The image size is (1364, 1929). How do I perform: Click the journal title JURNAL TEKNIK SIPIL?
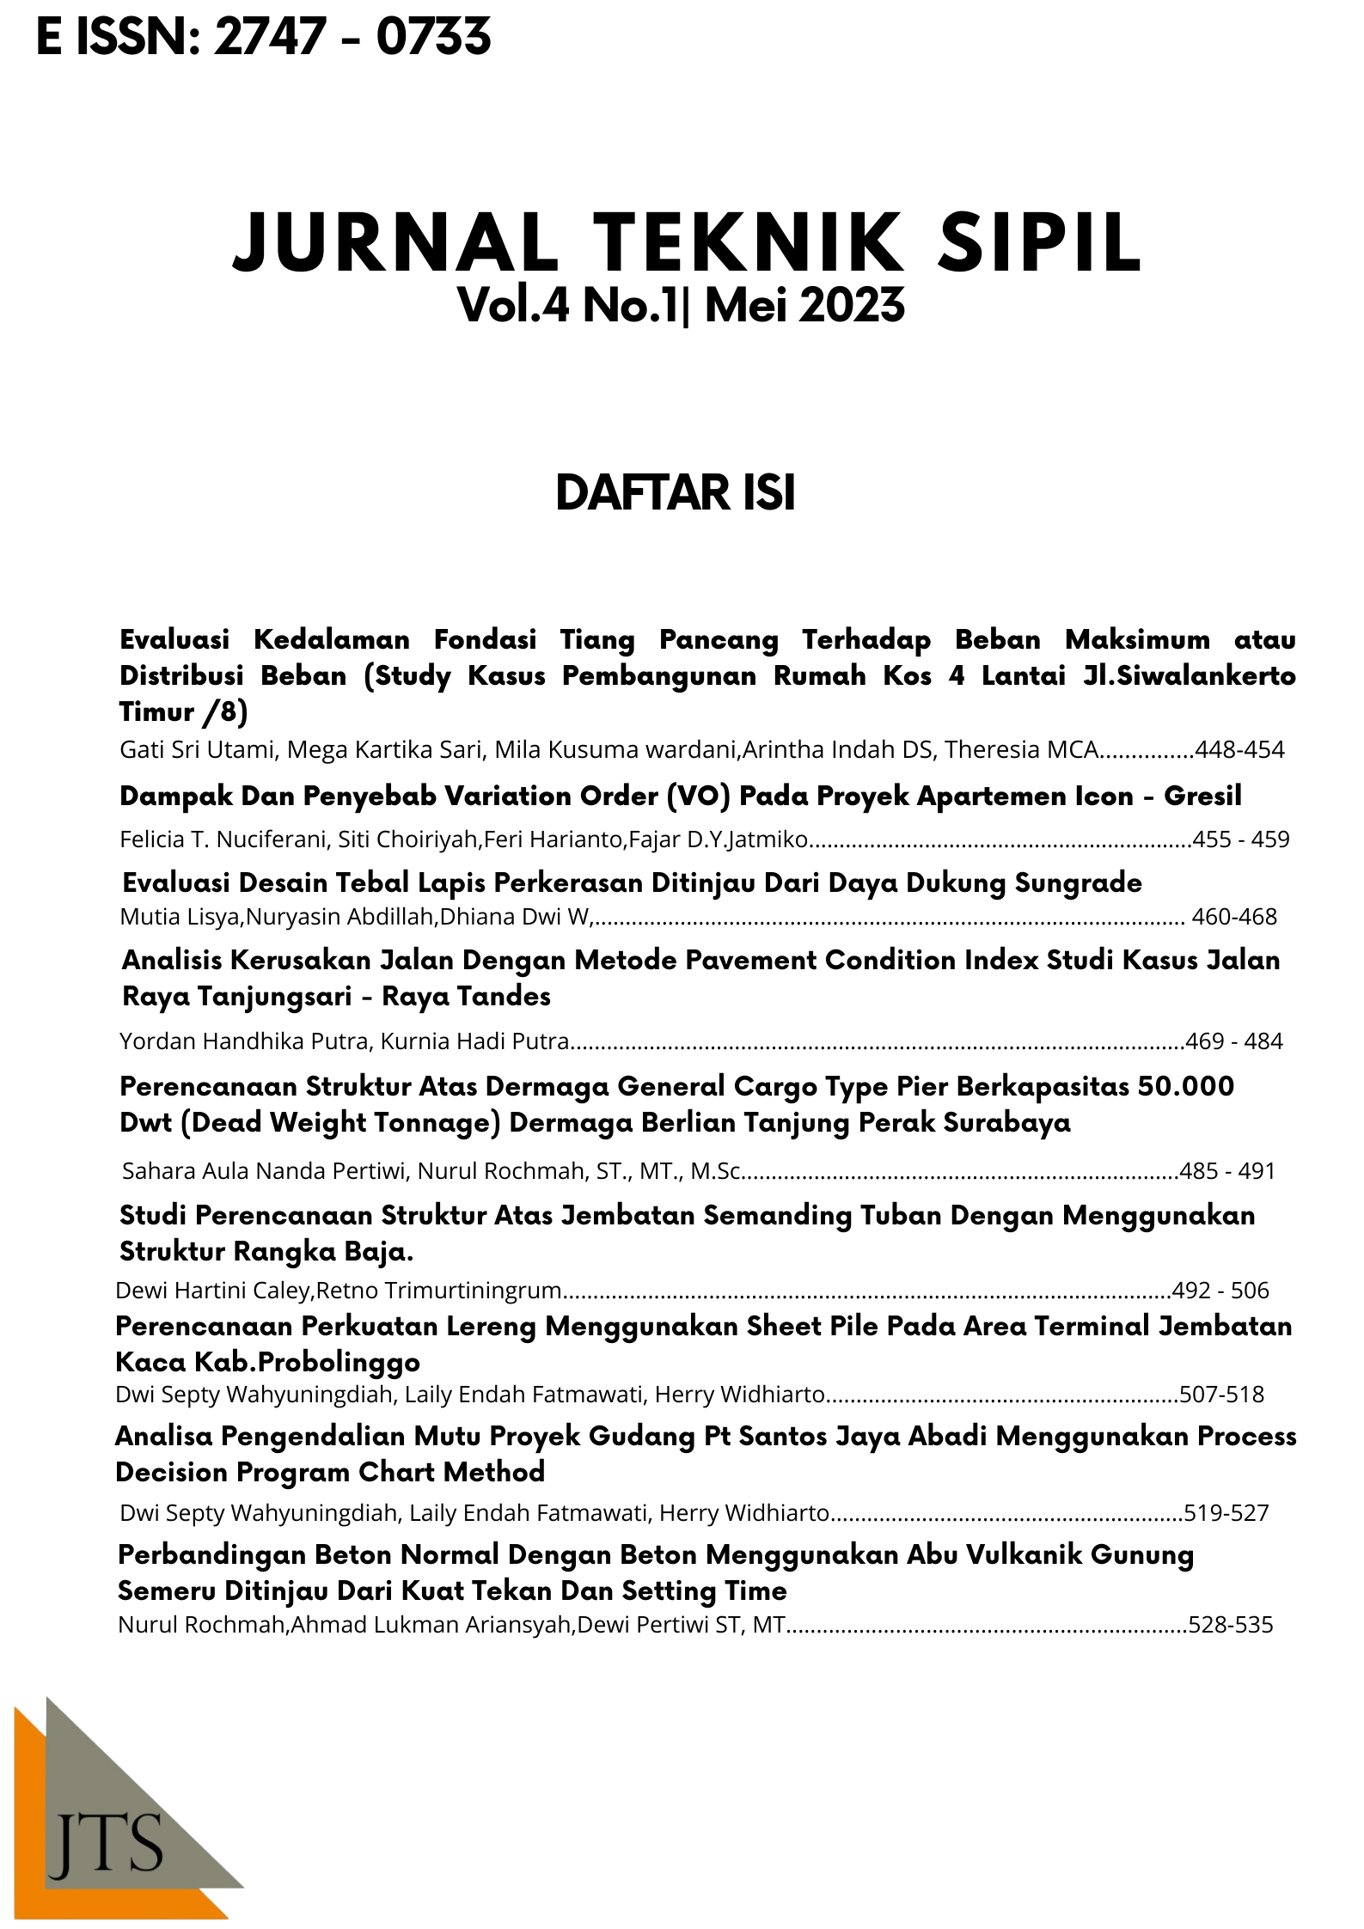[687, 244]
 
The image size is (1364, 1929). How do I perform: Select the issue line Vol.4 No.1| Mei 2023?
[681, 306]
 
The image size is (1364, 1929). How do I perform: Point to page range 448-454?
[1239, 750]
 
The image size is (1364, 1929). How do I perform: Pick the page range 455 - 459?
[1240, 839]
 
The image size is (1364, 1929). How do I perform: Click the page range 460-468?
[1234, 917]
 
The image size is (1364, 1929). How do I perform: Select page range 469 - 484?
[1233, 1041]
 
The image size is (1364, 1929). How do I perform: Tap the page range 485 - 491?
[1227, 1170]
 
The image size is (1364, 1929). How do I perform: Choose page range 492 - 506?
[1220, 1290]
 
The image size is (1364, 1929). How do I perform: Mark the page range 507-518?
[1221, 1394]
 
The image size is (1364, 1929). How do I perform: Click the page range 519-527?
[1226, 1512]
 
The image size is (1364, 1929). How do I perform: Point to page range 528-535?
[1230, 1625]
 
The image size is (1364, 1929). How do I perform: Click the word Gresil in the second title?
[1202, 797]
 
